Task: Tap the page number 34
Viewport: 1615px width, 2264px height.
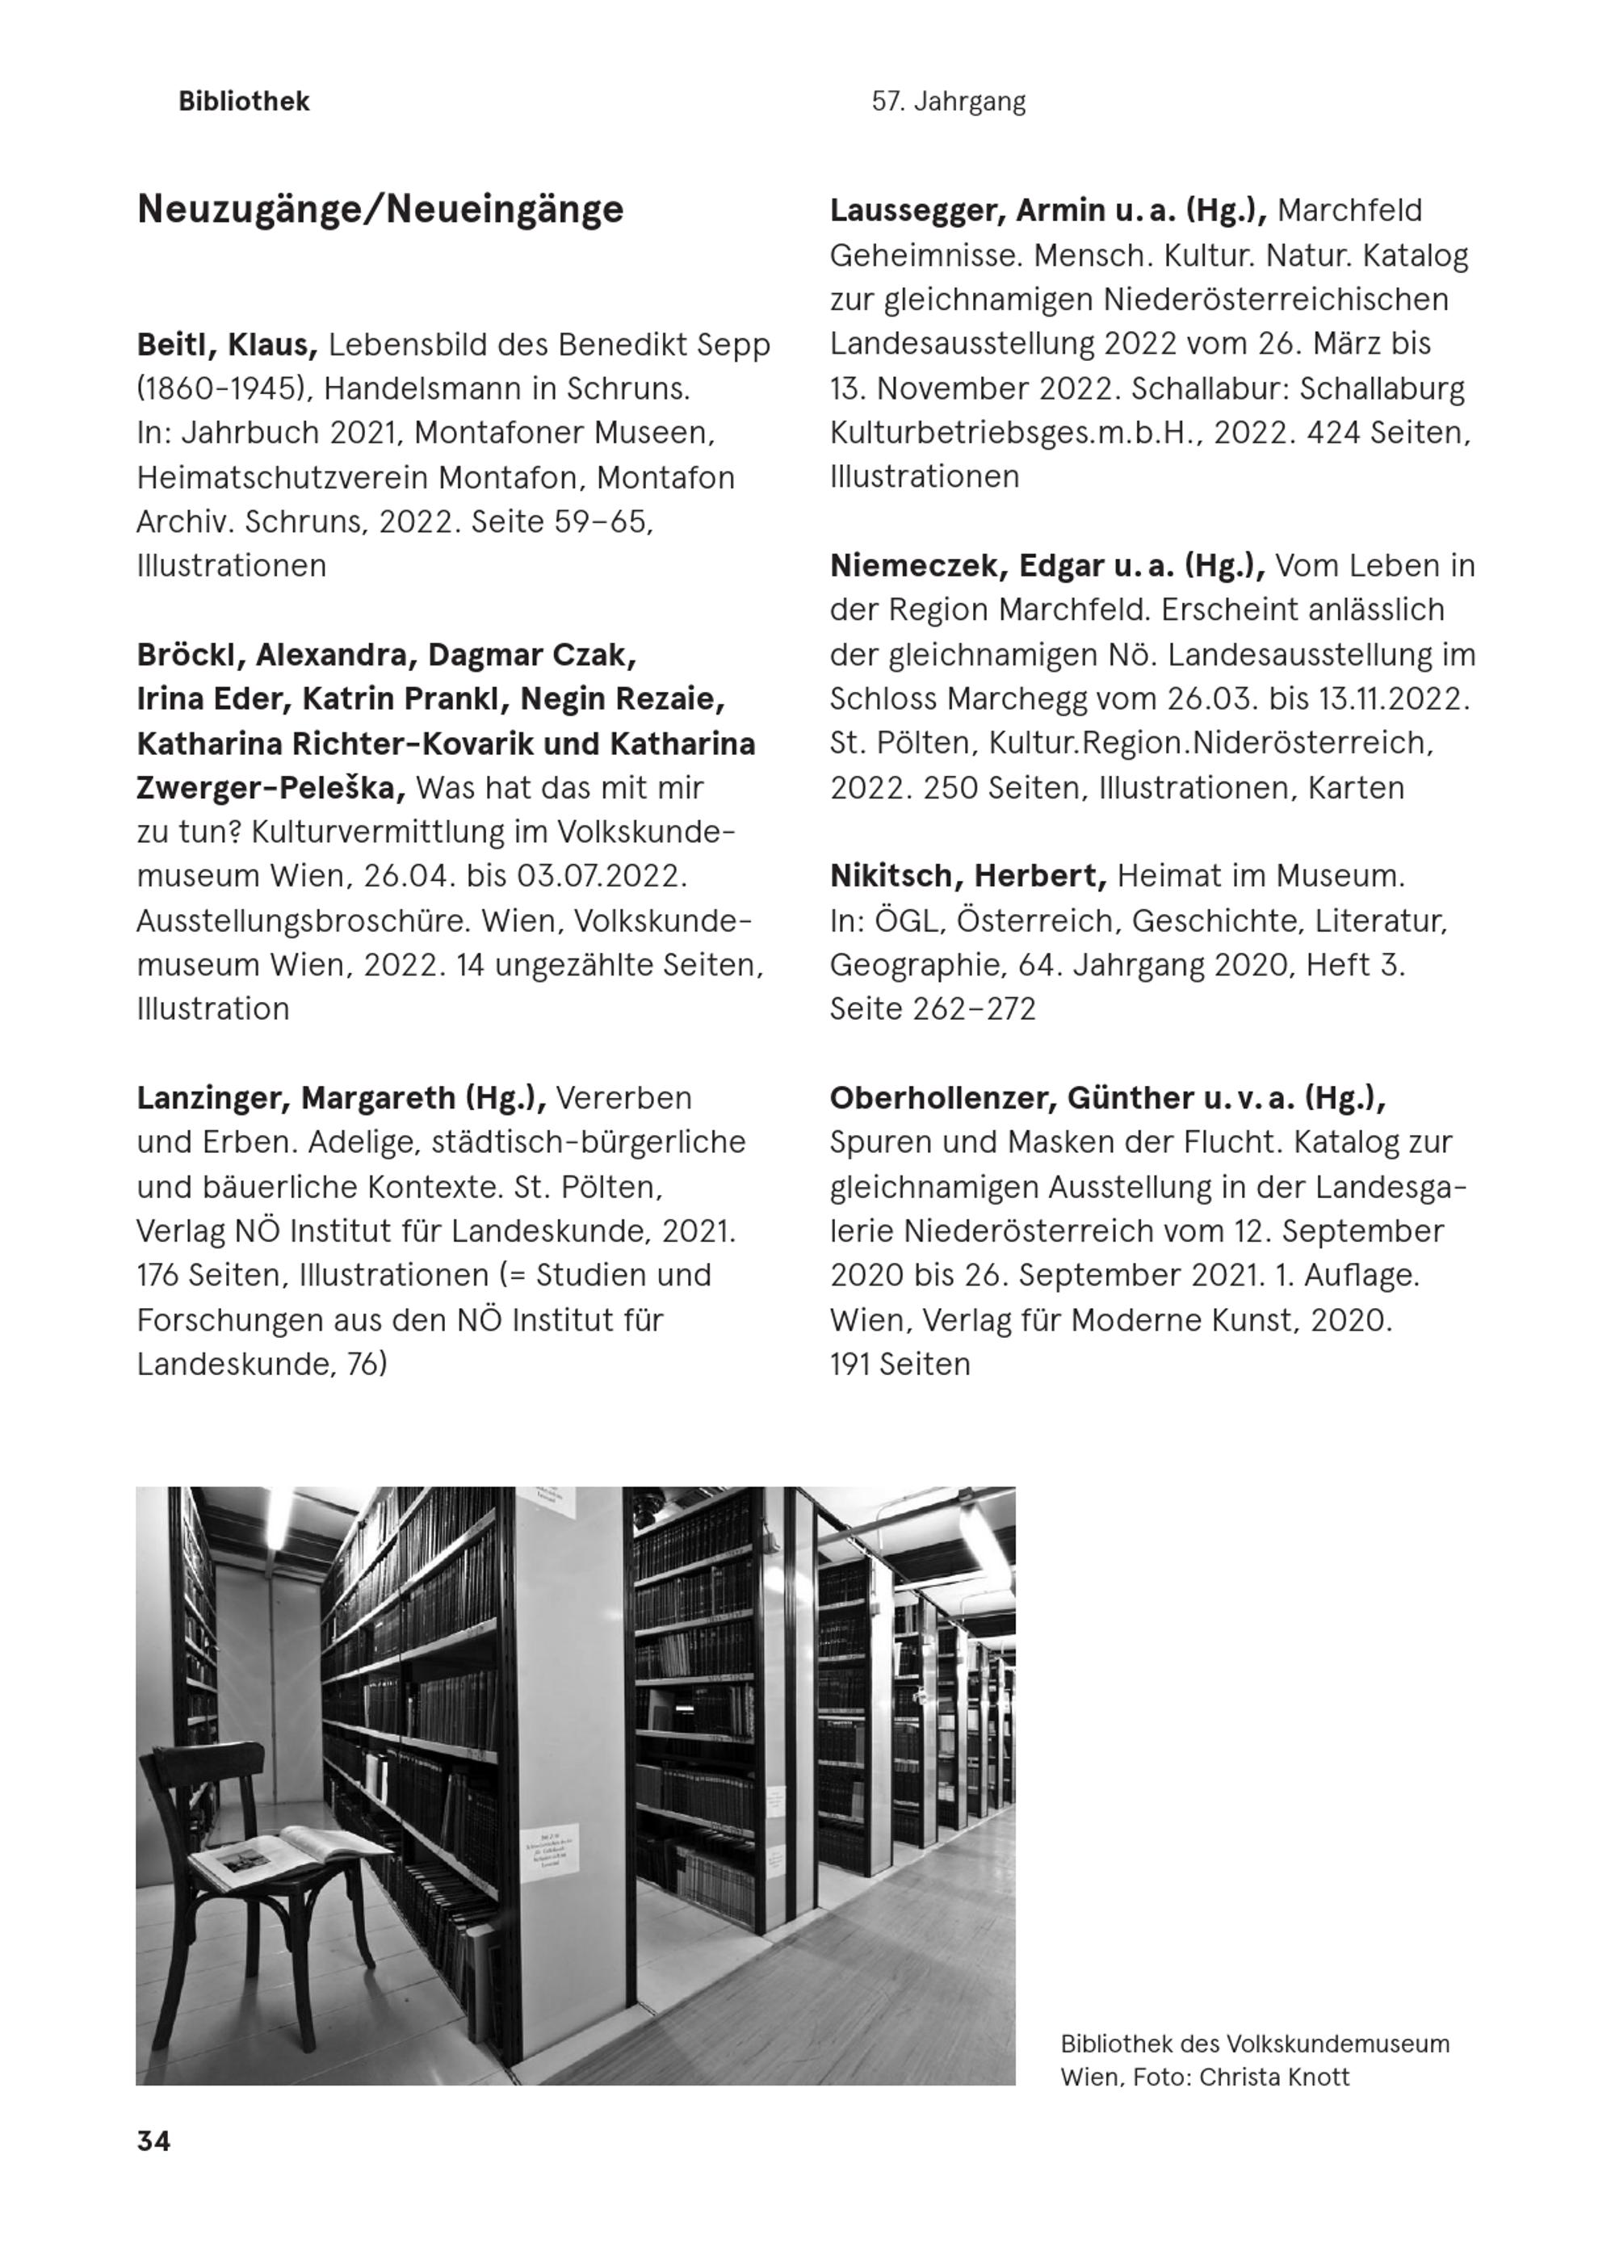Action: pyautogui.click(x=153, y=2140)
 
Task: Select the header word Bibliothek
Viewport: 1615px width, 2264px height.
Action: pyautogui.click(x=244, y=102)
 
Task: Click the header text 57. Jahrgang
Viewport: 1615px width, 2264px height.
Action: pyautogui.click(x=948, y=102)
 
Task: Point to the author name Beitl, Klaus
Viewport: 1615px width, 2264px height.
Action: pyautogui.click(x=227, y=345)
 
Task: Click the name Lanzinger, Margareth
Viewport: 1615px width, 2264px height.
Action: pyautogui.click(x=298, y=1098)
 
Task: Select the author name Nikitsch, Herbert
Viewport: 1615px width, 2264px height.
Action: pyautogui.click(x=967, y=876)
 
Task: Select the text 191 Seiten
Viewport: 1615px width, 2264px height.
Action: pyautogui.click(x=900, y=1365)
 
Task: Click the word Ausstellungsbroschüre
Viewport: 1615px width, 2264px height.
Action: pyautogui.click(x=304, y=920)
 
